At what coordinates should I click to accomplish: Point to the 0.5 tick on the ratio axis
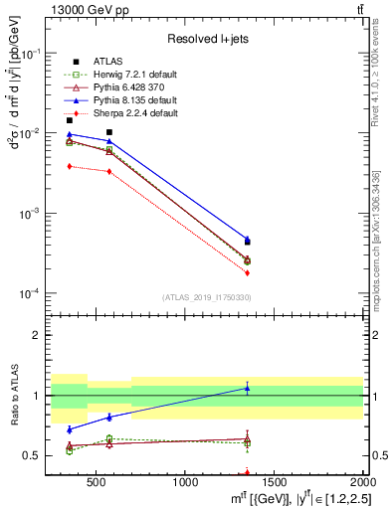tap(36, 455)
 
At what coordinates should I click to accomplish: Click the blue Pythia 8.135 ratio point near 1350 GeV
tap(248, 388)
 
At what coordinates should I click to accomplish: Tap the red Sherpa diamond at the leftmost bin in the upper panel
tap(69, 166)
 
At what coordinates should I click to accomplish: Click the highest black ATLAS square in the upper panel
tap(109, 132)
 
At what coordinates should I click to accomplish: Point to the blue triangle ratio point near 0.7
tap(69, 429)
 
